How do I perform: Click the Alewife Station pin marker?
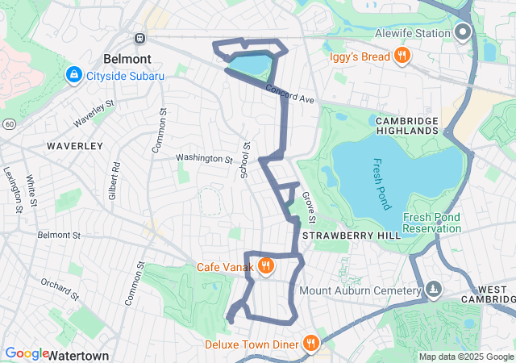tap(463, 32)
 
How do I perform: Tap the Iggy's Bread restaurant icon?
tap(401, 56)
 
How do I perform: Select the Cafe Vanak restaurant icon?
tap(264, 266)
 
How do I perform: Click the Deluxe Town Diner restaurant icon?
tap(310, 344)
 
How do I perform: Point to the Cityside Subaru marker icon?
tap(74, 75)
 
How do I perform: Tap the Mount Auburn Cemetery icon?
tap(434, 290)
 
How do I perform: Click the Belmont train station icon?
tap(139, 38)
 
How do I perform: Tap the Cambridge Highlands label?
tap(407, 126)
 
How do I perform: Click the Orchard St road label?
tap(60, 289)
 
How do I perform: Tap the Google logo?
tap(27, 353)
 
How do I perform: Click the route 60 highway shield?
tap(8, 123)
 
